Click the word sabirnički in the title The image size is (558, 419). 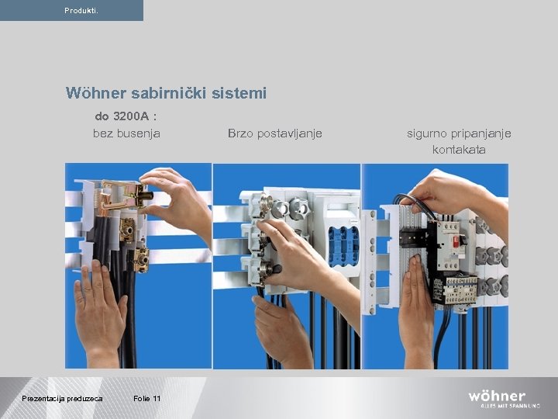tap(172, 93)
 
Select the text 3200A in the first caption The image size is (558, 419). tap(132, 117)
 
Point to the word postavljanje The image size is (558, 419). tap(291, 133)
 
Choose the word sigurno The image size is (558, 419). tap(431, 133)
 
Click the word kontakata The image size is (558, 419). tap(459, 149)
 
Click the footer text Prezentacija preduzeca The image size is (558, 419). tap(62, 398)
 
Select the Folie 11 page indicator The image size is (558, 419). tap(147, 398)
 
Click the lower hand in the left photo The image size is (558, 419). tap(99, 310)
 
